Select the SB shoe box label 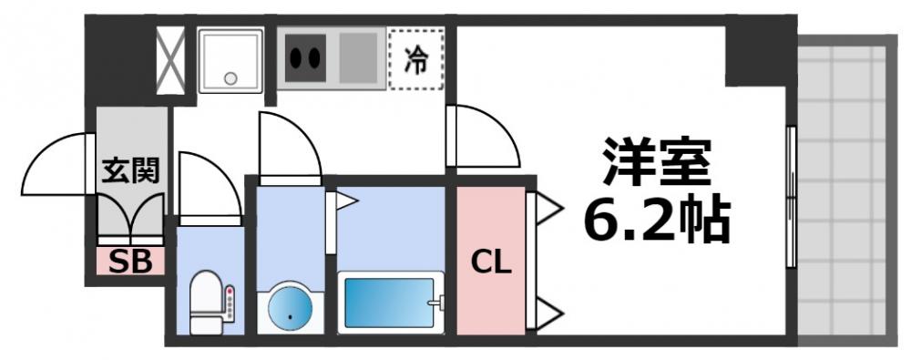pyautogui.click(x=131, y=262)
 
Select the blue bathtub pyautogui.click(x=390, y=303)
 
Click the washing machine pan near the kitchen pyautogui.click(x=230, y=60)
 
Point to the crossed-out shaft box pyautogui.click(x=169, y=60)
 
